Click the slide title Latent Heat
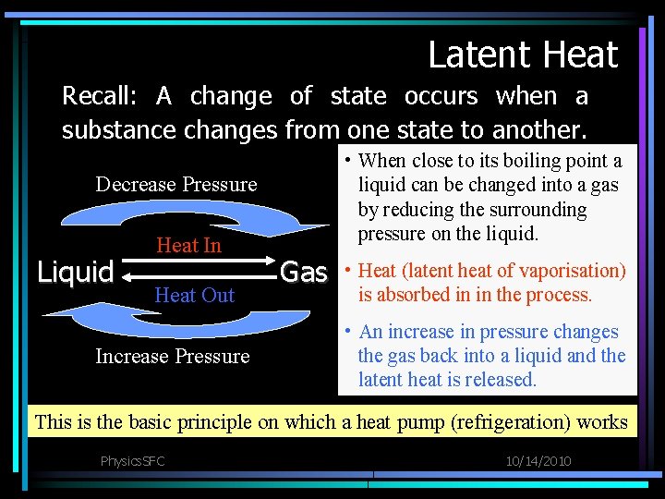click(523, 55)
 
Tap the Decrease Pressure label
click(176, 184)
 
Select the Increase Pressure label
click(173, 356)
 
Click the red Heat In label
click(188, 245)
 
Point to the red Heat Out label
click(194, 295)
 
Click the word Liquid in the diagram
click(75, 272)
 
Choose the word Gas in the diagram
click(304, 272)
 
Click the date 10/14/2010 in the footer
click(538, 460)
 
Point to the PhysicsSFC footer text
click(132, 460)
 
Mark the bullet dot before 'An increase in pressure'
click(347, 332)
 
